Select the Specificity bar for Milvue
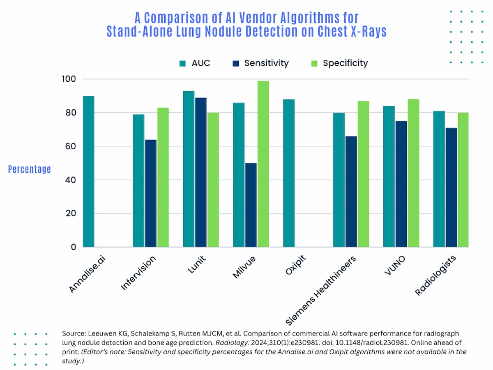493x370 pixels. click(263, 164)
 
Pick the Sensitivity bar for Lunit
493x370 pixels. click(201, 172)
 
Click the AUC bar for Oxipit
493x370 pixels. click(289, 173)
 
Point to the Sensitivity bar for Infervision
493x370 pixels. click(151, 193)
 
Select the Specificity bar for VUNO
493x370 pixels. click(413, 173)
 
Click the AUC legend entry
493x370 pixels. click(195, 63)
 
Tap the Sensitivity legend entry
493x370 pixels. click(260, 63)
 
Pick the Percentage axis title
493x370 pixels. click(30, 169)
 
